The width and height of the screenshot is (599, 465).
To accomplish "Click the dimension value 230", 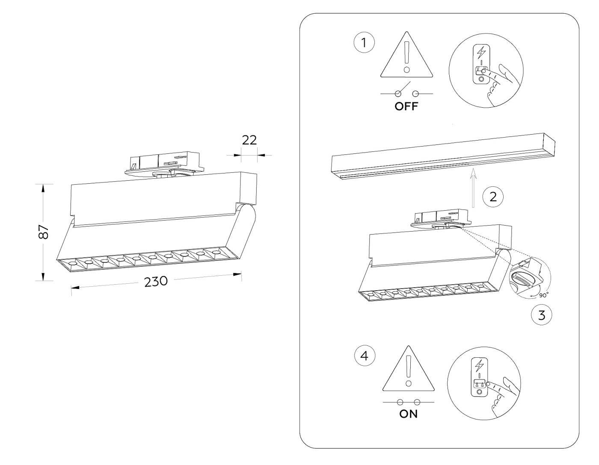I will [x=155, y=282].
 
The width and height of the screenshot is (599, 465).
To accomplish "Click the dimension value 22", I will [x=249, y=140].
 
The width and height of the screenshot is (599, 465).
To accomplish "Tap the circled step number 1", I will [x=364, y=43].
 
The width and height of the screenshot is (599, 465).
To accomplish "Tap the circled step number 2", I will [x=493, y=197].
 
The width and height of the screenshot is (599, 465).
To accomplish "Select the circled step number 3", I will [x=541, y=315].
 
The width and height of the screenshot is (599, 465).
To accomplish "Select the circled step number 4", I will [x=365, y=356].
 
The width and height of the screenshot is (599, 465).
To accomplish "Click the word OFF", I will [x=406, y=106].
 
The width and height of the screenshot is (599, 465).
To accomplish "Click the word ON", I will [x=408, y=414].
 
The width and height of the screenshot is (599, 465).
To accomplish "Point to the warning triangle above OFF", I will [x=406, y=58].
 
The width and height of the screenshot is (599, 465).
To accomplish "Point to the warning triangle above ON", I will [x=409, y=372].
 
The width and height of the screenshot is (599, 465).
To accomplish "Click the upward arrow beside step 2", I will [x=473, y=188].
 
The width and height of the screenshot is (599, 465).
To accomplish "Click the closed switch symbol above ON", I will [x=409, y=402].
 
